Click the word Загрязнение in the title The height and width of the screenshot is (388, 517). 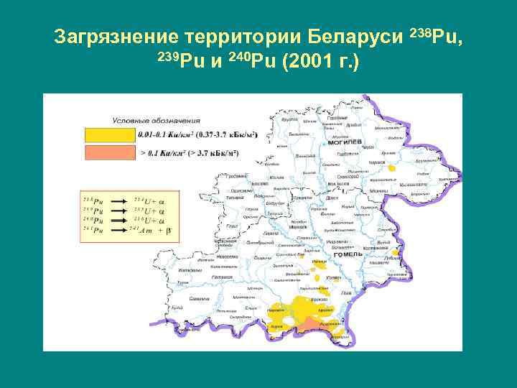[116, 36]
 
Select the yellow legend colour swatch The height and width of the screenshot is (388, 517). [109, 134]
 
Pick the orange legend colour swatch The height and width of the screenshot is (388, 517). [109, 152]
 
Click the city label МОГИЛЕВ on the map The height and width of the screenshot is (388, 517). [344, 142]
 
